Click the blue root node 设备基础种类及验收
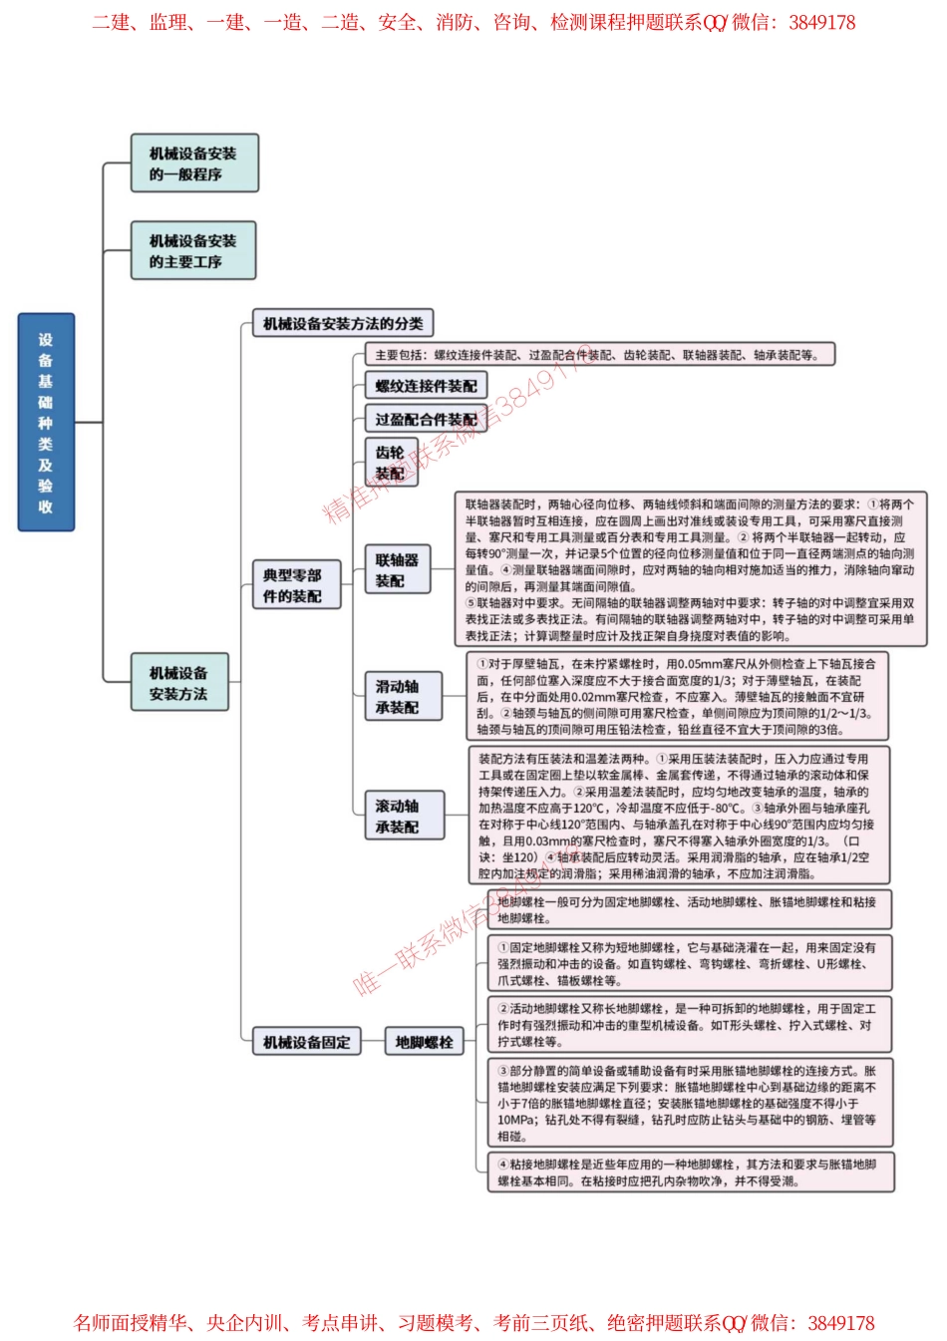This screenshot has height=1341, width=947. point(46,422)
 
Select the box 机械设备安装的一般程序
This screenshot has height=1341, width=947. point(194,164)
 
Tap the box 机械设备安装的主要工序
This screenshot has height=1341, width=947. point(193,250)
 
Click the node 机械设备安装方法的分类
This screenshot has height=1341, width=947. point(342,323)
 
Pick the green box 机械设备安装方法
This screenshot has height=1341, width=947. point(179,683)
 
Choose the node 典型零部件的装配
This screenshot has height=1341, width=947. point(295,585)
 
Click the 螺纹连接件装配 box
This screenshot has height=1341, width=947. point(426,386)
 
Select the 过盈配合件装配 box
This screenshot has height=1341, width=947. point(426,420)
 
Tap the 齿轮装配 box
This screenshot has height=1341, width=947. point(391,463)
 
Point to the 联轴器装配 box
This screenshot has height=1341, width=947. point(397,570)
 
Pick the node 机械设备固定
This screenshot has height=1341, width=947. point(306,1042)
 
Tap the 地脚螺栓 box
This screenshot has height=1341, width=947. point(424,1042)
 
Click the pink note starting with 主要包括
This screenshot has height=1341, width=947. point(598,355)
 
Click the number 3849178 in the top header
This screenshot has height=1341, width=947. point(821,22)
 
